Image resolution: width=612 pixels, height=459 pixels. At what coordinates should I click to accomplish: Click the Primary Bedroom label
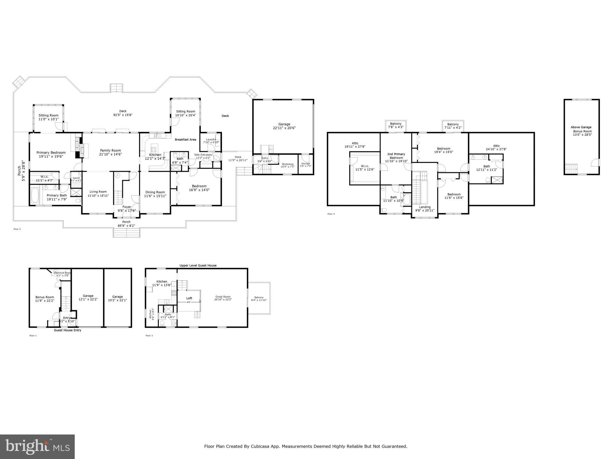(x=51, y=153)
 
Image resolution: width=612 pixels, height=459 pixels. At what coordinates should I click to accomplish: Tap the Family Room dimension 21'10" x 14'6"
(x=110, y=154)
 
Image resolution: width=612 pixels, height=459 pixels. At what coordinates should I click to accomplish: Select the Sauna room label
(x=76, y=178)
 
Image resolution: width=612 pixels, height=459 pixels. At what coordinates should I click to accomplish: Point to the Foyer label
(x=127, y=207)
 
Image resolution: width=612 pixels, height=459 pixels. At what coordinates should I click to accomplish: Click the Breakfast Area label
(x=185, y=140)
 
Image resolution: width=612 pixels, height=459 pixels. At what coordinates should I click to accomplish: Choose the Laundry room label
(x=211, y=139)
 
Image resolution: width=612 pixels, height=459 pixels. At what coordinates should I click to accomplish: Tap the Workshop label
(x=287, y=164)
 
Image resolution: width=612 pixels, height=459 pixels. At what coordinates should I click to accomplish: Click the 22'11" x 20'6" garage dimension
(x=284, y=128)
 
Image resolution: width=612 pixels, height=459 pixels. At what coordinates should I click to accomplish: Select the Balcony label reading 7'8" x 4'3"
(x=396, y=124)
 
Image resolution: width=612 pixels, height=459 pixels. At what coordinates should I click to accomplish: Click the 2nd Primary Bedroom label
(x=396, y=156)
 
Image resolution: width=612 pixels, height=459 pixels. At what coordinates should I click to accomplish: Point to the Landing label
(x=425, y=207)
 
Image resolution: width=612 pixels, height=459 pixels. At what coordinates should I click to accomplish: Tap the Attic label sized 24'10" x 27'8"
(x=496, y=146)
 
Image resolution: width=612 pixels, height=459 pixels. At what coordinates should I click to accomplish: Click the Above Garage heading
(x=581, y=127)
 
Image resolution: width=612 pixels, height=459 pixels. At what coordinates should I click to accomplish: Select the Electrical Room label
(x=62, y=273)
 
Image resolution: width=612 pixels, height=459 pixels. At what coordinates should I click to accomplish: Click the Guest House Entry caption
(x=68, y=330)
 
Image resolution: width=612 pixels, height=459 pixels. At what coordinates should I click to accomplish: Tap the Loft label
(x=189, y=298)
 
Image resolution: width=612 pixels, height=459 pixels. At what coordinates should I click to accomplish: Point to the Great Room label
(x=223, y=297)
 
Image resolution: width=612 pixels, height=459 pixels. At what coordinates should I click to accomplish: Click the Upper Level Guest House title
(x=198, y=265)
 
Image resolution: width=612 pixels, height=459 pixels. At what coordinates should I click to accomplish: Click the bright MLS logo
(x=37, y=446)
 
